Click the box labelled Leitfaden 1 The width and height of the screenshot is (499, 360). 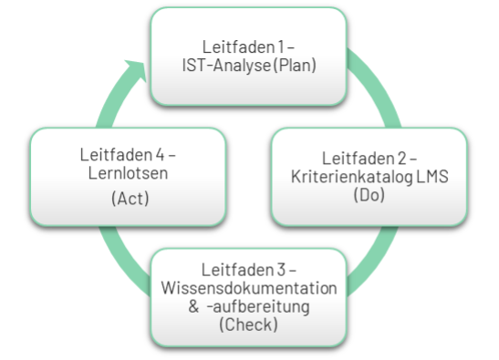(x=249, y=55)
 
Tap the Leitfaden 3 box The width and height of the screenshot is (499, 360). (x=249, y=296)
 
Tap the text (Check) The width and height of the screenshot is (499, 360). (x=249, y=325)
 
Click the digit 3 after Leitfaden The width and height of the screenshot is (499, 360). (x=280, y=269)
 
